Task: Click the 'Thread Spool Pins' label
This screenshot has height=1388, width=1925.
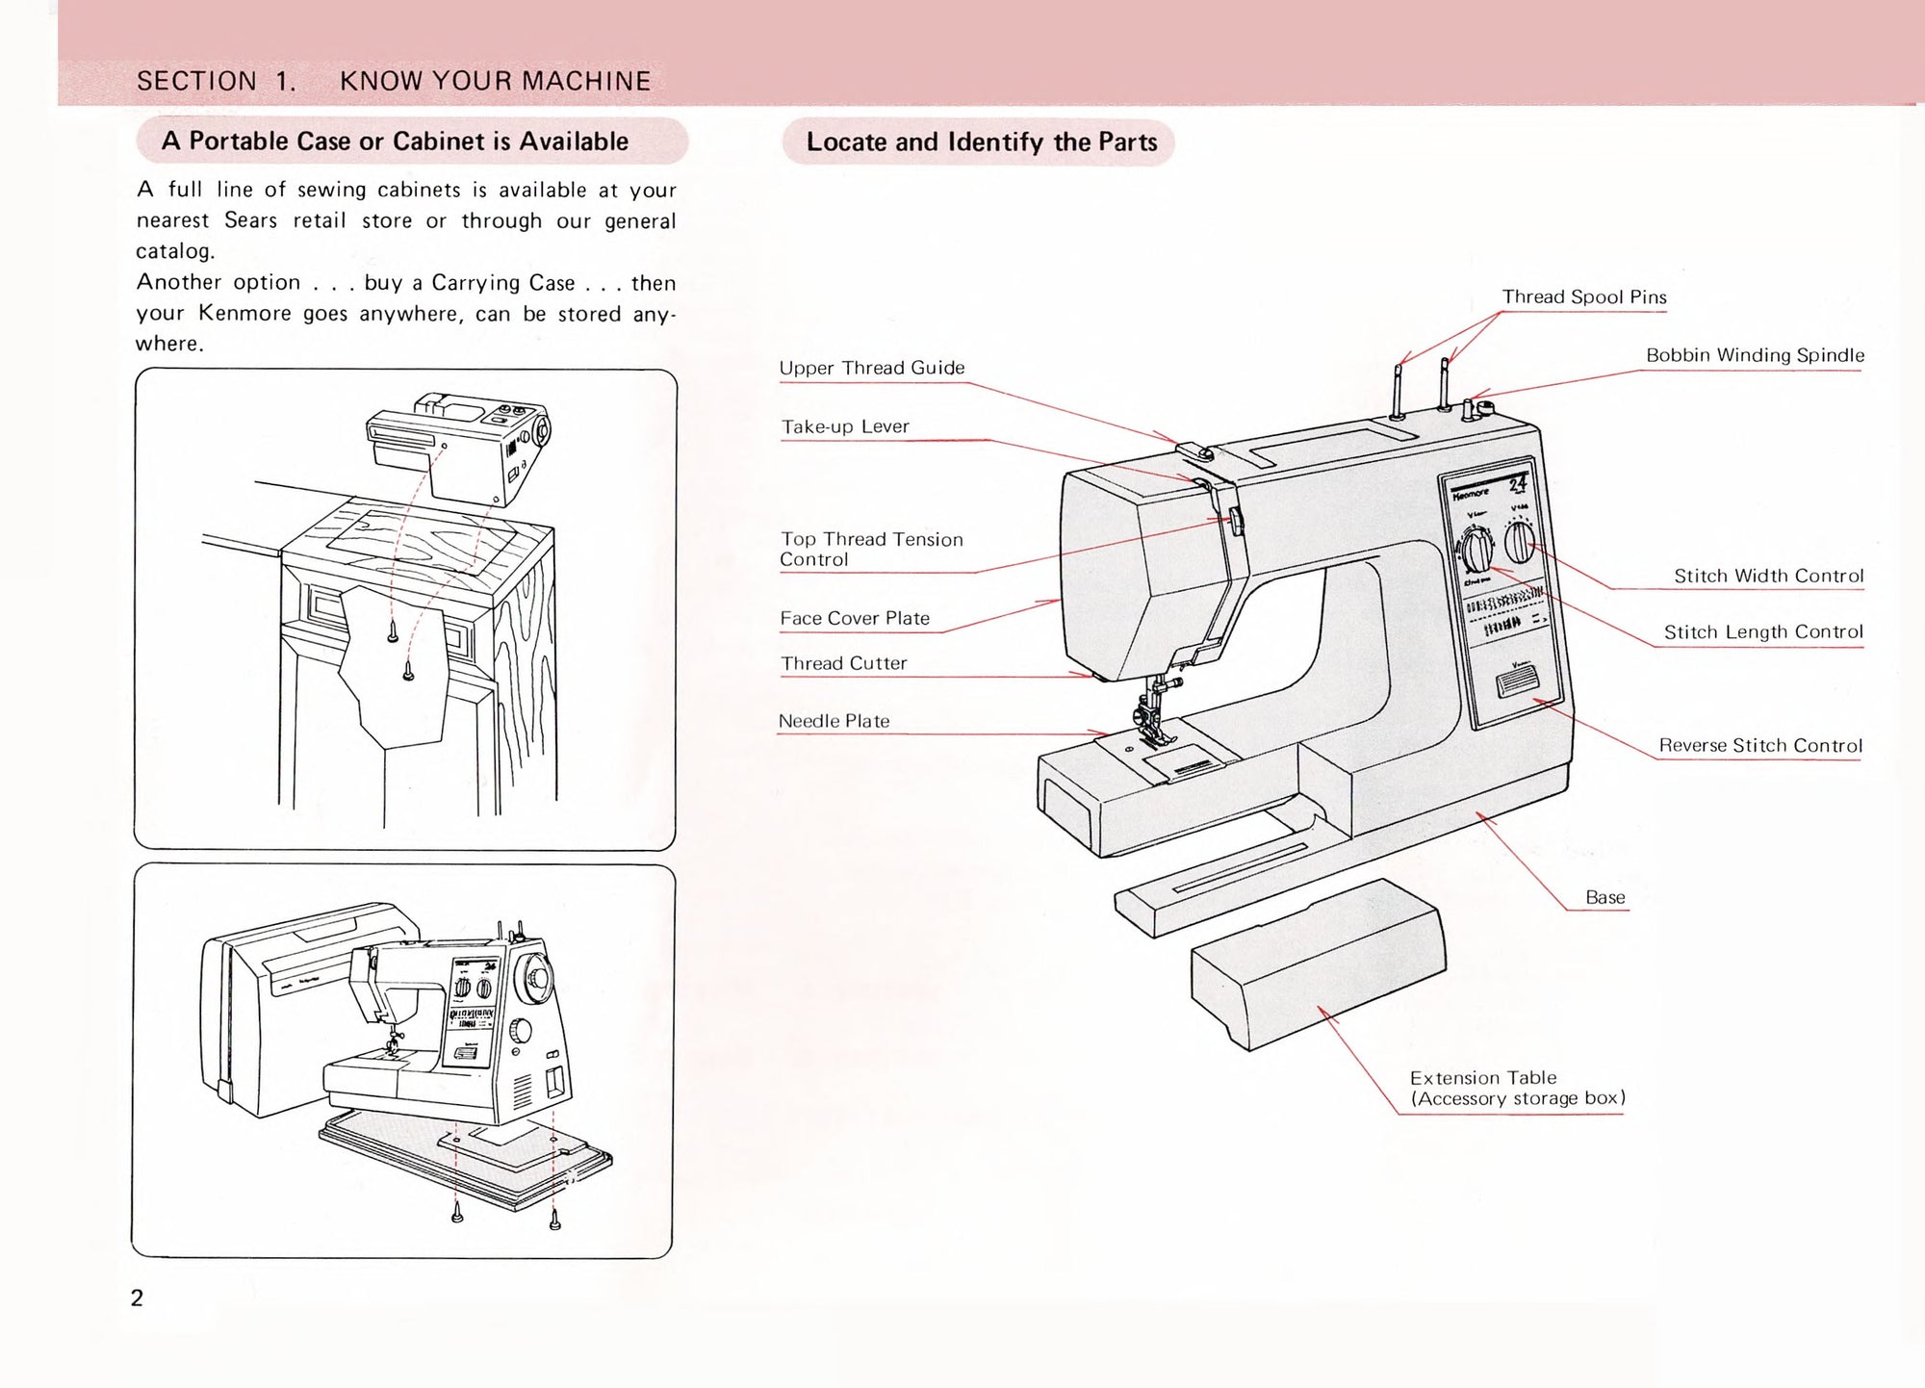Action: tap(1583, 297)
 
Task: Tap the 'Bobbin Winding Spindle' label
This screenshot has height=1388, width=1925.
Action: tap(1754, 355)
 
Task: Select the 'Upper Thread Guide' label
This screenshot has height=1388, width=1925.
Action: tap(871, 368)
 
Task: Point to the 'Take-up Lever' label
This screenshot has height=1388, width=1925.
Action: tap(844, 426)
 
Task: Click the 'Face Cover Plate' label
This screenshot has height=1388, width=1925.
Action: tap(854, 618)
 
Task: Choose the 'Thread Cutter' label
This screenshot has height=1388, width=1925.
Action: tap(843, 663)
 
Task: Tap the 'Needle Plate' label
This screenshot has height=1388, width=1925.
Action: tap(834, 721)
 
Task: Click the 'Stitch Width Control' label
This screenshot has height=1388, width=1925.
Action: tap(1768, 576)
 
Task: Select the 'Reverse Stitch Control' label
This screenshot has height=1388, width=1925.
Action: tap(1759, 745)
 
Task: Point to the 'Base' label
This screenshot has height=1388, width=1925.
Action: tap(1604, 897)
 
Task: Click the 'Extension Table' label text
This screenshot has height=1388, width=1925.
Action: tap(1482, 1078)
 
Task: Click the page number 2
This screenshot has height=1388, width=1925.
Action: tap(137, 1298)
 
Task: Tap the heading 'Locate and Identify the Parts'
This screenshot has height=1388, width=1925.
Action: tap(981, 142)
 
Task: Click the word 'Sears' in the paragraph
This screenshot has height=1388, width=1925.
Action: tap(250, 220)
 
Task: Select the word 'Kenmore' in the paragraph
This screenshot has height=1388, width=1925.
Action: tap(244, 313)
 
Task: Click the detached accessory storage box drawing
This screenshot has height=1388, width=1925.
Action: tap(1319, 963)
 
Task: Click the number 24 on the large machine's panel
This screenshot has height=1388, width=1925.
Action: tap(1517, 484)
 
